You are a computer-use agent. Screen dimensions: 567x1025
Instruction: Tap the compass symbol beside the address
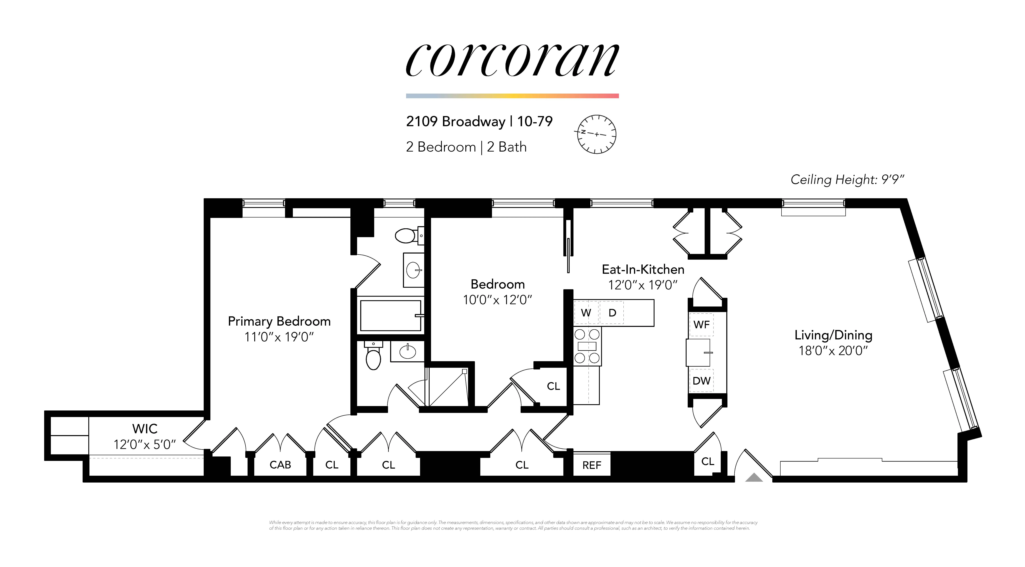tap(596, 134)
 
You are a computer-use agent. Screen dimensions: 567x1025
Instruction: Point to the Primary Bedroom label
tap(279, 321)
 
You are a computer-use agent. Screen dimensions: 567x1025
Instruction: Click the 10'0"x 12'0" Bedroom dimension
tap(497, 300)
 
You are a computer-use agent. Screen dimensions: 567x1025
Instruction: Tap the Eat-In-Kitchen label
tap(643, 269)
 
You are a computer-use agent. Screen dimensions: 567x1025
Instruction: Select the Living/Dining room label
tap(833, 335)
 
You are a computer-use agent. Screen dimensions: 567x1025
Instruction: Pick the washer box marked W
tap(586, 313)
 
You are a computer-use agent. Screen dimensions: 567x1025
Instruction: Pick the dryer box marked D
tap(612, 313)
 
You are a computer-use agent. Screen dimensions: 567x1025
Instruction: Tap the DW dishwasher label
tap(701, 381)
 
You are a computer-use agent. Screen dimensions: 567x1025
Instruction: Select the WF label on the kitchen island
tap(701, 325)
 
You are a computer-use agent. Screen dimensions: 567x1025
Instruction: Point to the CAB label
tap(280, 465)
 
